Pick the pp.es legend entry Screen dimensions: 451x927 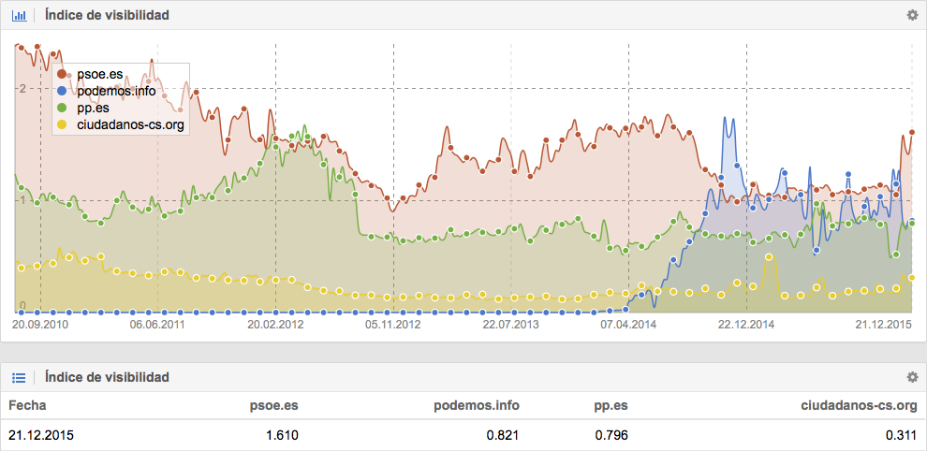[93, 108]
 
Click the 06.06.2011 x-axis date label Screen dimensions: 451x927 [157, 325]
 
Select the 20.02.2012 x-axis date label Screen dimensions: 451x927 [275, 325]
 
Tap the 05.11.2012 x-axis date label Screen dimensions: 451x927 [393, 325]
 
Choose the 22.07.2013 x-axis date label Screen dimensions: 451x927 [511, 325]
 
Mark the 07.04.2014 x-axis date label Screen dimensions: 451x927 [628, 325]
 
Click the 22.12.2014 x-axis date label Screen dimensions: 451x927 [746, 325]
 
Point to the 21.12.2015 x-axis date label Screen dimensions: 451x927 [884, 325]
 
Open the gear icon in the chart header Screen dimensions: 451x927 [912, 15]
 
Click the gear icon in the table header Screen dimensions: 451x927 [912, 376]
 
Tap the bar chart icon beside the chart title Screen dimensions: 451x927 [18, 15]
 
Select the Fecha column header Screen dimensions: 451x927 [27, 405]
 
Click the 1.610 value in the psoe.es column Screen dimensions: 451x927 [282, 435]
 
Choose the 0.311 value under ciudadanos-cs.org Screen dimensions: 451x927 [899, 435]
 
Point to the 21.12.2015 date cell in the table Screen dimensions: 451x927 [41, 435]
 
